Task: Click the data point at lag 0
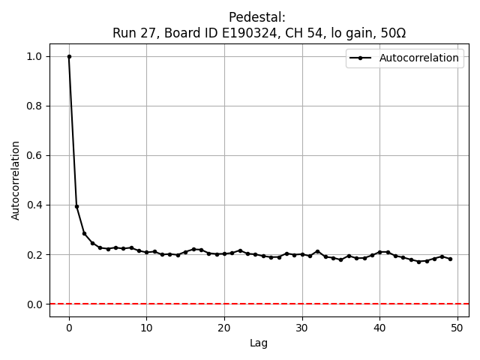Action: tap(69, 56)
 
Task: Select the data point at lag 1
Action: tap(76, 206)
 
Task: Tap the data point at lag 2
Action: tap(84, 233)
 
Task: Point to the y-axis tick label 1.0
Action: tap(34, 56)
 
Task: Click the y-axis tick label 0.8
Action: tap(34, 106)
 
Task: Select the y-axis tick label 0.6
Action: tap(34, 155)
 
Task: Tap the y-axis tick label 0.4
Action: tap(34, 205)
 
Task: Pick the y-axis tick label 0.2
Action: tap(34, 254)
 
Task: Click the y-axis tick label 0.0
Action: tap(34, 304)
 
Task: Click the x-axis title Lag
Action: tap(259, 343)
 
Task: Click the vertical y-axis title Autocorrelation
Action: tap(16, 180)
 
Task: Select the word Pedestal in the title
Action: tap(257, 17)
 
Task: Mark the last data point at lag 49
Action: tap(450, 259)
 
